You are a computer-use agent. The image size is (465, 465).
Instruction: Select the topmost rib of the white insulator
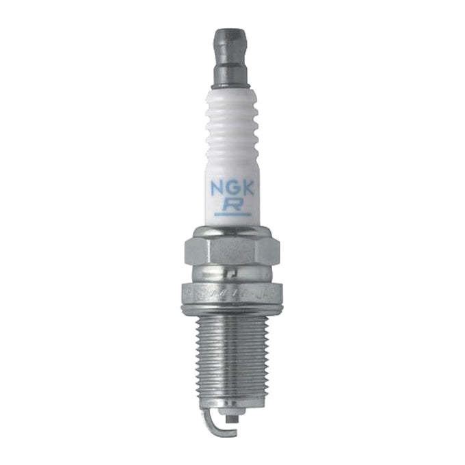232,96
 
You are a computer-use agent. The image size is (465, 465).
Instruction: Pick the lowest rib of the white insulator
232,163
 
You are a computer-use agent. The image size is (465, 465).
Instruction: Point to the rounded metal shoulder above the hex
232,231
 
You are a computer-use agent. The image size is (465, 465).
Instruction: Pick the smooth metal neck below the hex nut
232,275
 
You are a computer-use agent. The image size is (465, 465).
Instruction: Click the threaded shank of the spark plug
232,356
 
